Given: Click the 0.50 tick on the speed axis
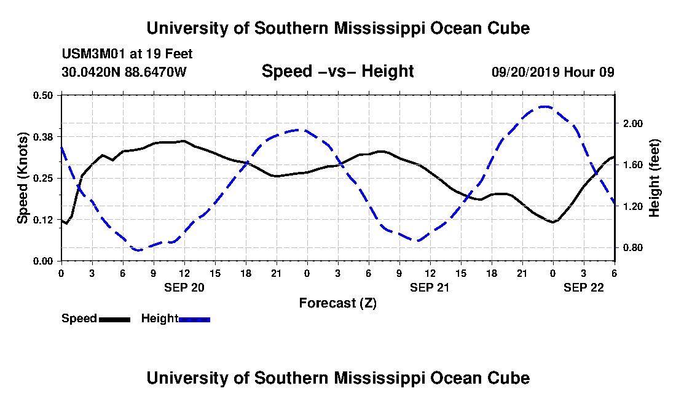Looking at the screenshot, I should (44, 95).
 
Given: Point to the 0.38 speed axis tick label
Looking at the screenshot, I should (44, 136).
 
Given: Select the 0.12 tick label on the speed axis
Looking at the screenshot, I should (44, 219).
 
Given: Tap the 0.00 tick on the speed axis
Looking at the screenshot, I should (44, 261).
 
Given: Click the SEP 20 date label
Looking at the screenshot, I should (184, 287).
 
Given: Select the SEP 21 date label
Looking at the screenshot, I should (430, 287).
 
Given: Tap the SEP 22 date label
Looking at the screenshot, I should (584, 287).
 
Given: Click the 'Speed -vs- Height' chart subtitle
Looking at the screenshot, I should (337, 71).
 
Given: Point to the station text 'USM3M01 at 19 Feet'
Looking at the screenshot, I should (127, 54).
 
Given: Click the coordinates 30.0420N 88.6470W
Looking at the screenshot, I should (124, 72).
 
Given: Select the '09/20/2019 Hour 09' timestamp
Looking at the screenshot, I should (553, 72).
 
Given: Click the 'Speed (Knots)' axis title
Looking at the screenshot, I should (23, 178).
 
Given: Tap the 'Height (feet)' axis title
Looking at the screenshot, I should (654, 178).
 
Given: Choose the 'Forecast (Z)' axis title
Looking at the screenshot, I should (337, 303).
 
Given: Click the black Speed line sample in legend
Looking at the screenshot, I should (114, 319).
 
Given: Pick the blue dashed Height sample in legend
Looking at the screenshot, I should (194, 319).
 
